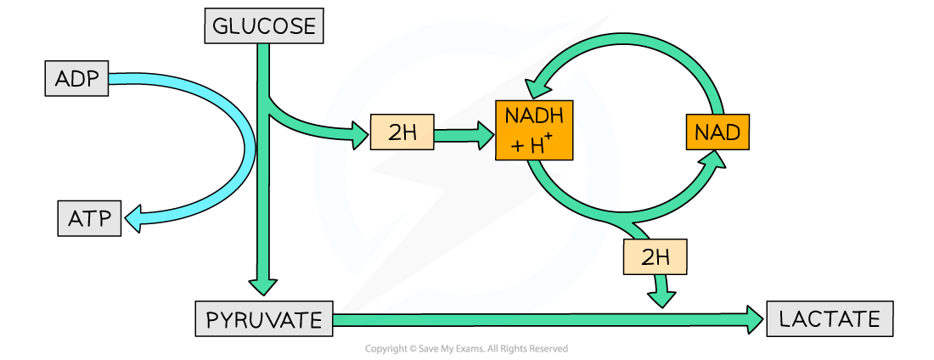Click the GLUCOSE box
[x=263, y=26]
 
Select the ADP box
[x=77, y=80]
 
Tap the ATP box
[x=89, y=219]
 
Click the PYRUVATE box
[x=263, y=320]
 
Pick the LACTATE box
[x=830, y=319]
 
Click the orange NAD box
[x=717, y=132]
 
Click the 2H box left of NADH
[x=402, y=132]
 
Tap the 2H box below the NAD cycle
[x=655, y=256]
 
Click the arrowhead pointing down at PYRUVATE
[x=263, y=286]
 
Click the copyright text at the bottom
[x=466, y=349]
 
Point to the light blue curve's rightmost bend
[x=246, y=140]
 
